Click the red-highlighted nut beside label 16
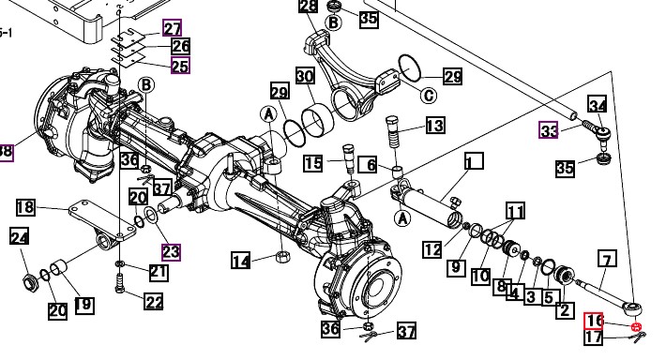coord(636,327)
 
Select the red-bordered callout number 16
coord(594,321)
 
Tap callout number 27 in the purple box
coord(172,28)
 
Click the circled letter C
coord(429,95)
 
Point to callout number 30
coord(305,76)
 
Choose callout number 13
coord(435,126)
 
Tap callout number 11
coord(515,211)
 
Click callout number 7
coord(607,259)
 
